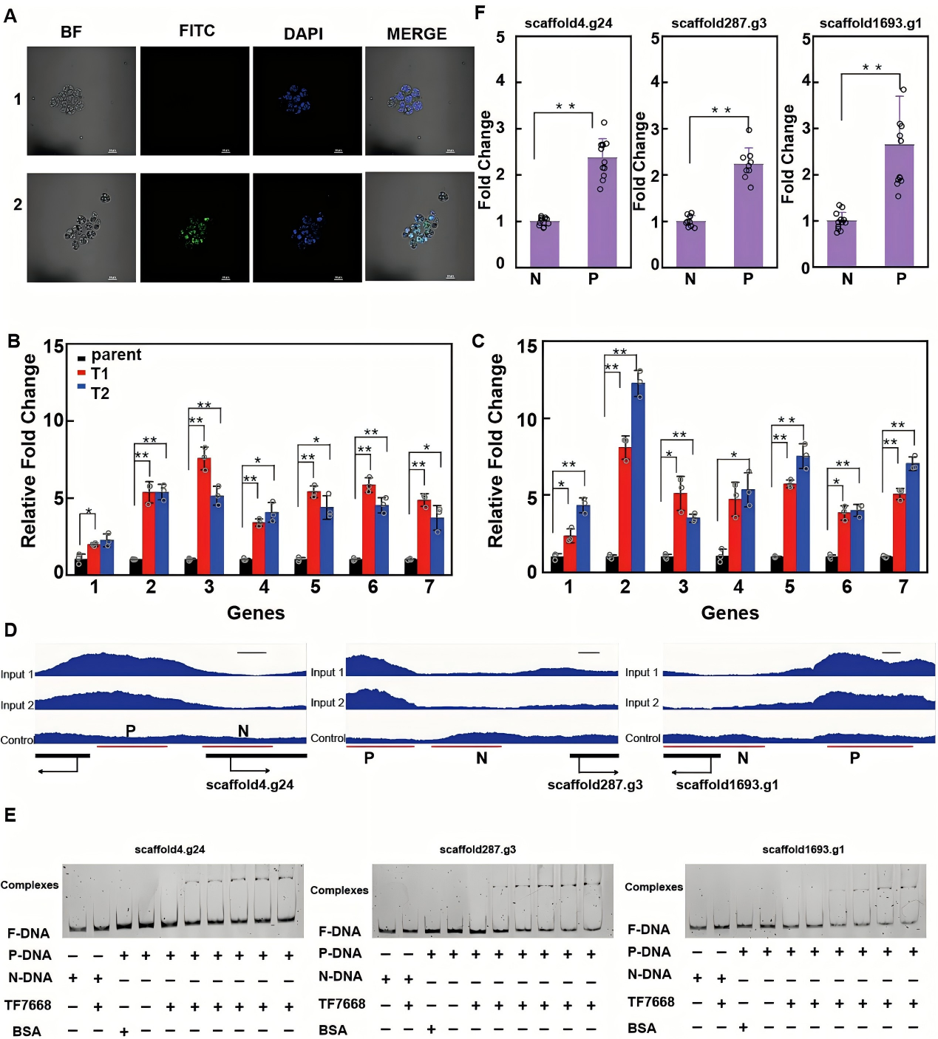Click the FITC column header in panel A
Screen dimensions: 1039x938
[x=197, y=31]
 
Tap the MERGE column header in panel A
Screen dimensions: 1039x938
[x=417, y=34]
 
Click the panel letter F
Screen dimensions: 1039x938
[x=480, y=13]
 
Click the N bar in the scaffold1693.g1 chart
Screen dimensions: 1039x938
[x=842, y=244]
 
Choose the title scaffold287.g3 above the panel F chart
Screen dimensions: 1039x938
[x=718, y=24]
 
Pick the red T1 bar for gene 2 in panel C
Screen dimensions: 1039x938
[x=625, y=509]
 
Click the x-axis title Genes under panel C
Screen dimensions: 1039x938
[x=730, y=613]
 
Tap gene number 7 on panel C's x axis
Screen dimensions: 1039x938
[x=903, y=587]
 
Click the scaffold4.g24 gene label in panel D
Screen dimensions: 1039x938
[x=250, y=785]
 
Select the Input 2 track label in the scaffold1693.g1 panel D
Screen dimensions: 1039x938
[x=642, y=703]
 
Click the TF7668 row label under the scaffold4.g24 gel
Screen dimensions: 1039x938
[x=28, y=1005]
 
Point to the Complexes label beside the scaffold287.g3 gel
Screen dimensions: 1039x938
[x=339, y=890]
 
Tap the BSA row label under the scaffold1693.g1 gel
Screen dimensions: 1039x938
[x=642, y=1028]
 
